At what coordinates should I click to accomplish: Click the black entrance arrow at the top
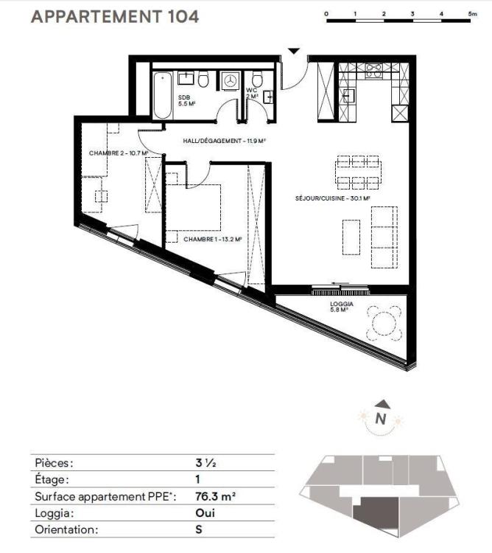tap(294, 51)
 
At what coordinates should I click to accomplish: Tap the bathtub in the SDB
tap(162, 95)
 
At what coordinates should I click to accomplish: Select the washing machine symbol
tap(231, 81)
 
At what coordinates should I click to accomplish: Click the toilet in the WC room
tap(258, 80)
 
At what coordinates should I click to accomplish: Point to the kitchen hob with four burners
tap(373, 70)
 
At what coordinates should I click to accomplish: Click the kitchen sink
tap(348, 95)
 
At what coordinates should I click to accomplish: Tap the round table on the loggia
tap(384, 324)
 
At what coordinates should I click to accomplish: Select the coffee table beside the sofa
tap(351, 237)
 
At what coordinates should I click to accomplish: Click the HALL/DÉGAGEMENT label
tap(224, 141)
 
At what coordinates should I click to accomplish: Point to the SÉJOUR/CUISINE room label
tap(332, 198)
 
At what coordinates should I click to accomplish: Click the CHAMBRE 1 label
tap(212, 240)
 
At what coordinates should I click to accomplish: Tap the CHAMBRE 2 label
tap(118, 153)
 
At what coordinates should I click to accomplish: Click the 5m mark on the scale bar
tap(472, 14)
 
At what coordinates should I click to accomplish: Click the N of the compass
tap(380, 419)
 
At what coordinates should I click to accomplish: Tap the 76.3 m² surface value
tap(215, 496)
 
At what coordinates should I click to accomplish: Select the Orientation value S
tap(199, 529)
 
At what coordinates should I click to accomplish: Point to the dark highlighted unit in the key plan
tap(376, 513)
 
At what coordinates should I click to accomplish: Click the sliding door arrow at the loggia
tap(340, 283)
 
